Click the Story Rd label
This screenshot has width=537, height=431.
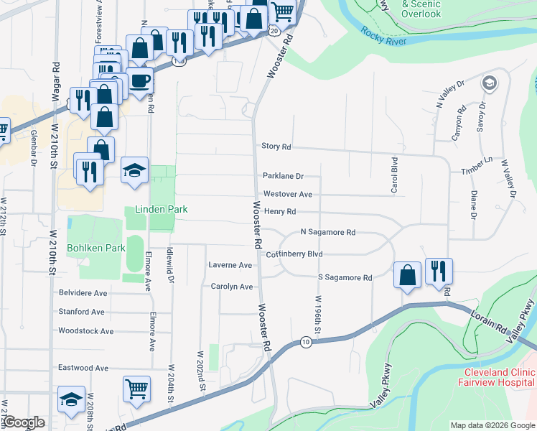point(276,147)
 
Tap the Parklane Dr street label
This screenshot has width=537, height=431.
point(284,176)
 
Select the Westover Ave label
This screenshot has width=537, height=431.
point(287,194)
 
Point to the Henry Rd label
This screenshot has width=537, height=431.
point(280,212)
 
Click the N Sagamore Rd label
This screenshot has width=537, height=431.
point(327,233)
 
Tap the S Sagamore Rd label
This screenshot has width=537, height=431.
point(345,277)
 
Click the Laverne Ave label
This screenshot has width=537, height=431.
point(230,265)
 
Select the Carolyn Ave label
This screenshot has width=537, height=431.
point(232,287)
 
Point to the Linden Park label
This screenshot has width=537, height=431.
point(161,210)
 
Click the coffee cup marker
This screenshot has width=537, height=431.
point(140,80)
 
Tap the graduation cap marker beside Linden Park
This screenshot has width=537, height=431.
point(134,171)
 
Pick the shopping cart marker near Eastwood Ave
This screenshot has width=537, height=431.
point(136,389)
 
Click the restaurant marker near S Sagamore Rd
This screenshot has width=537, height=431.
point(439,272)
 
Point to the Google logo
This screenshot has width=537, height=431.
point(24,423)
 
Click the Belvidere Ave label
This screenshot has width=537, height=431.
point(83,293)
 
